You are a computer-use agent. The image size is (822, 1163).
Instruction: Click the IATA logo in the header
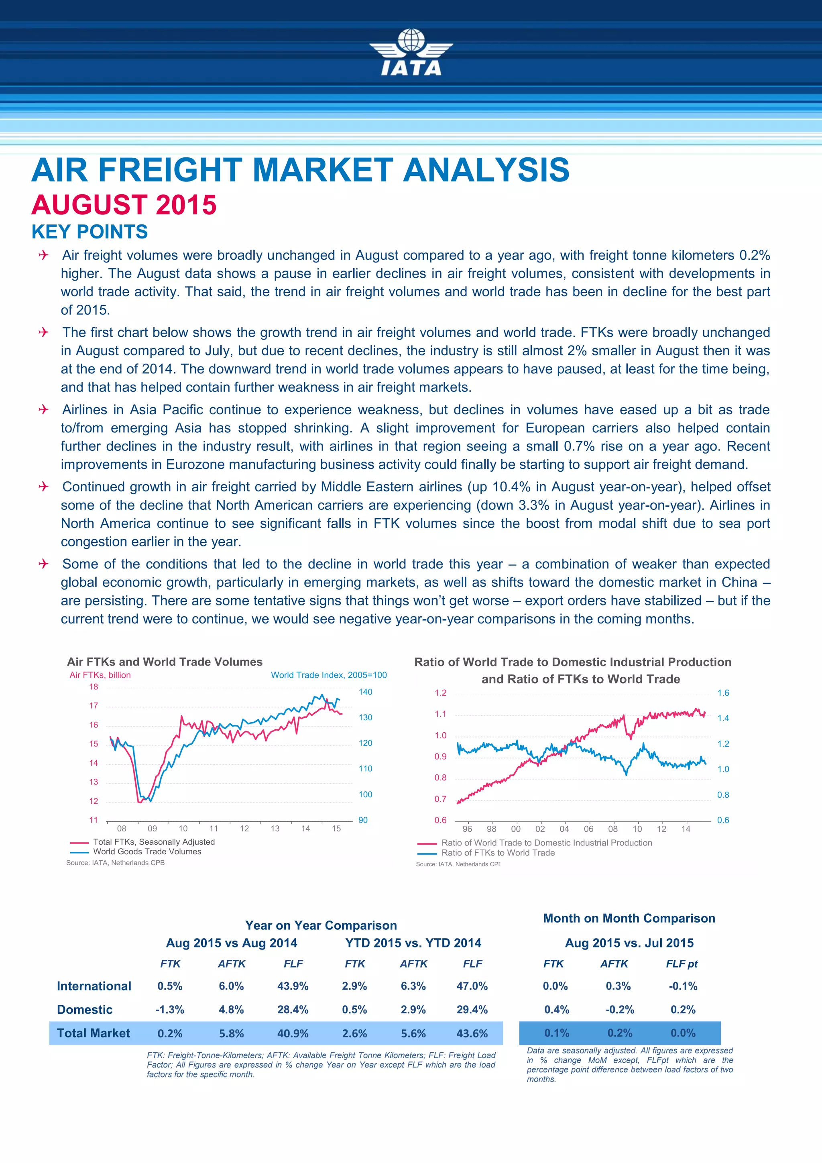tap(411, 53)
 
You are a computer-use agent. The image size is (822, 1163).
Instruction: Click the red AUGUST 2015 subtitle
tap(124, 205)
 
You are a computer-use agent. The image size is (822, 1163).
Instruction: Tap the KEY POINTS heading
tap(90, 232)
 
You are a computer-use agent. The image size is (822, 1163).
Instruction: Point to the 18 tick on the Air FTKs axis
tap(94, 687)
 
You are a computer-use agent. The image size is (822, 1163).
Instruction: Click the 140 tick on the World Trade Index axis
tap(365, 692)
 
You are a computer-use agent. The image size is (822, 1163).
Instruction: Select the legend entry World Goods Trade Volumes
tap(147, 851)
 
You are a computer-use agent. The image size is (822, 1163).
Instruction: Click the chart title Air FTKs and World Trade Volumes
tap(165, 662)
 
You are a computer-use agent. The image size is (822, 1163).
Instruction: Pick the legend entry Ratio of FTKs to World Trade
tap(498, 853)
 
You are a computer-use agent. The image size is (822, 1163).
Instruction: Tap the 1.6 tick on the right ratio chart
tap(723, 693)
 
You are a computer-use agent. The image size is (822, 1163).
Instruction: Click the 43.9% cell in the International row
tap(293, 986)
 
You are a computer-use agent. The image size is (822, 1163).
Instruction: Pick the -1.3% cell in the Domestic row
tap(170, 1010)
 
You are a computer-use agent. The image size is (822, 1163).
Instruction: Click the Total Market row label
tap(93, 1033)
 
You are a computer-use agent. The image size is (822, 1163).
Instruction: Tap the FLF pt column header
tap(682, 964)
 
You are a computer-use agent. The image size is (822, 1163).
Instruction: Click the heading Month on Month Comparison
tap(629, 919)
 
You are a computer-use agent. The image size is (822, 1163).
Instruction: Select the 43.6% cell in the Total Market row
tap(472, 1033)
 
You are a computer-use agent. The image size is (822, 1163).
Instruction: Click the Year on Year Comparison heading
tap(321, 925)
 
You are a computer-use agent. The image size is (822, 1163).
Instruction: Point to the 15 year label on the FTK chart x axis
tap(336, 829)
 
